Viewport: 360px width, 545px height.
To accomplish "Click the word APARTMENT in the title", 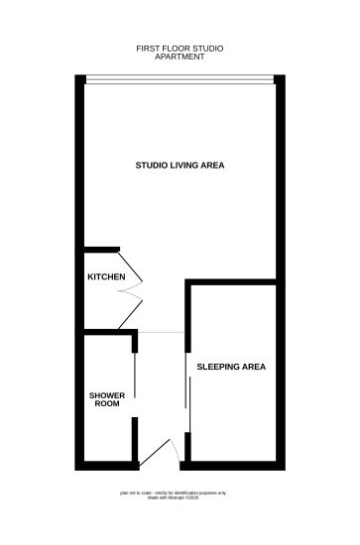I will click(x=180, y=55).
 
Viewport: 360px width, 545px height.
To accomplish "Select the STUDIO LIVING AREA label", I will click(x=180, y=164).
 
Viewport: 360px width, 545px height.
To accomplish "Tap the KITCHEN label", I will click(x=106, y=276).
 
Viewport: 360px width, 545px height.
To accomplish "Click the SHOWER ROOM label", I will click(x=108, y=399).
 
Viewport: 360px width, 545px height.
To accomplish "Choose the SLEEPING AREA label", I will click(x=231, y=367).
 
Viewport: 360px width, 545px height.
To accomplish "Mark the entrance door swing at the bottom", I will click(x=160, y=453).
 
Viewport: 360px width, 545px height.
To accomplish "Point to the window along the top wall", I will click(x=180, y=78).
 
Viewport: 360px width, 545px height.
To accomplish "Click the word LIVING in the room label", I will click(x=181, y=164).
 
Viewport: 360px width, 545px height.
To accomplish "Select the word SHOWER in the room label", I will click(x=108, y=394).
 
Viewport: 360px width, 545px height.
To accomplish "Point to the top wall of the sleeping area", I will click(x=231, y=284).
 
